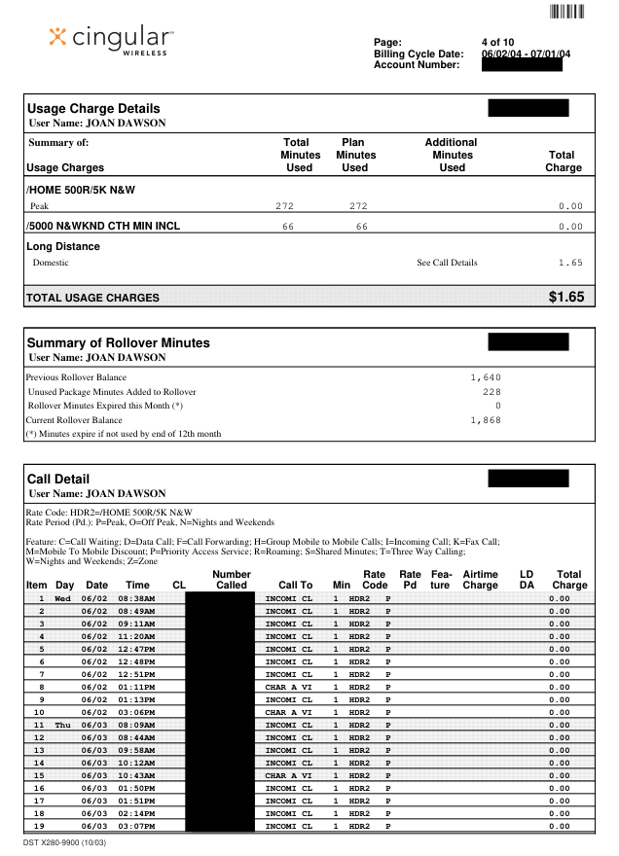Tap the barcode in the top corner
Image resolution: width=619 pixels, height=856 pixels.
pos(566,12)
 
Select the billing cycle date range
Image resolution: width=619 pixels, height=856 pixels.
pos(526,53)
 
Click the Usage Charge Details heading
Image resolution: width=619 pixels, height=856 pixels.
pos(93,108)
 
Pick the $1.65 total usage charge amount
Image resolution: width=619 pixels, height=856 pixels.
pos(566,297)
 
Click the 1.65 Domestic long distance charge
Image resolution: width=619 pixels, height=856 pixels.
pos(570,263)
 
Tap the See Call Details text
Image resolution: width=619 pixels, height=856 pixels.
pos(447,263)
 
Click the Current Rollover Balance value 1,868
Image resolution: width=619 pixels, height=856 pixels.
pos(485,419)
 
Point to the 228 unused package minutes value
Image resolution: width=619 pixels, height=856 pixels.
pos(492,391)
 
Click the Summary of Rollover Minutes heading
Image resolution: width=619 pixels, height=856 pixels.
pos(118,342)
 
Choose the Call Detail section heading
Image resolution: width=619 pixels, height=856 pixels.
pos(58,479)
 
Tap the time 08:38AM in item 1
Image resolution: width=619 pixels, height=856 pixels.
pos(136,597)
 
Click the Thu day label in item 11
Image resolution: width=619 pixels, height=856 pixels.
pos(64,725)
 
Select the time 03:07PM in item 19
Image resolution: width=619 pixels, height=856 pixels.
pos(136,826)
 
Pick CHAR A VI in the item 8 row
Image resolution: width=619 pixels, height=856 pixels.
pos(289,686)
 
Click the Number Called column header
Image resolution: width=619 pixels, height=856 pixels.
pos(232,580)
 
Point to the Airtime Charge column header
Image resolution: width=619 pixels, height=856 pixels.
pos(480,580)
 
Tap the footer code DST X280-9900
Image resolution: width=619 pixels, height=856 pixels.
pos(64,841)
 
